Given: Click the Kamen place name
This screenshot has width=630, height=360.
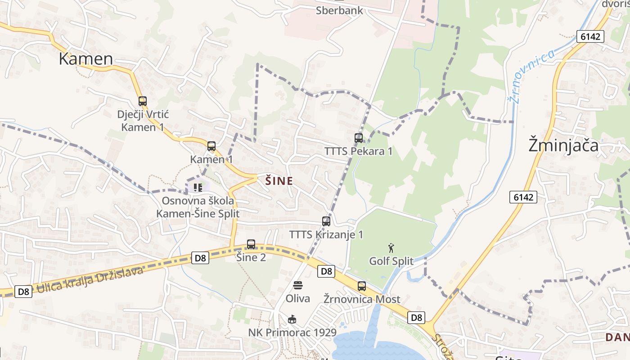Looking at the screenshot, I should coord(86,59).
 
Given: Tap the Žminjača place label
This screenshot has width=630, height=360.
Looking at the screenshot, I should coord(563,146).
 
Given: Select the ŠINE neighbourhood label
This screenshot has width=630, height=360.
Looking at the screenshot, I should coord(279,181).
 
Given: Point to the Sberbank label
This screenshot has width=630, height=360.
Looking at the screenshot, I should coord(339,11).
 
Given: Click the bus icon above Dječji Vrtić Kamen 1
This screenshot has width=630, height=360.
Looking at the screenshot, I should coord(143,101).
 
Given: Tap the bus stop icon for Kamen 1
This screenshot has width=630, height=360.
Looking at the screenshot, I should coord(211,146).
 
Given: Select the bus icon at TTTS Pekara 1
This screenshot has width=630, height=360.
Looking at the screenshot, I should coord(359,138).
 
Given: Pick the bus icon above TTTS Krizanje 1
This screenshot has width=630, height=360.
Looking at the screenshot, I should coord(326,221).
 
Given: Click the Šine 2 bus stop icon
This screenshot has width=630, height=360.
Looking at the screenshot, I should coord(251,244).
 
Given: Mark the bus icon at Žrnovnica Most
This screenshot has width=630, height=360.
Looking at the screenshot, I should coord(362,286).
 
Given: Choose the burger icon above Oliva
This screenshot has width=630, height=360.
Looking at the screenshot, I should coord(298,285).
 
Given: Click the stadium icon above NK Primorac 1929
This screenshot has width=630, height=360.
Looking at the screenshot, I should coord(292,319).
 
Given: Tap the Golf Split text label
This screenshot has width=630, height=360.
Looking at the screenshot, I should coord(391,261).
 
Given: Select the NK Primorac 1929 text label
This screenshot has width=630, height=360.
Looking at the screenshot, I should coord(292,333).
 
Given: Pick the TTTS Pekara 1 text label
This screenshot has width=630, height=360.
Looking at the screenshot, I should coord(359,151).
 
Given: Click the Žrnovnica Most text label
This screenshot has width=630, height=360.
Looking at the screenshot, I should coord(362,299).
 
